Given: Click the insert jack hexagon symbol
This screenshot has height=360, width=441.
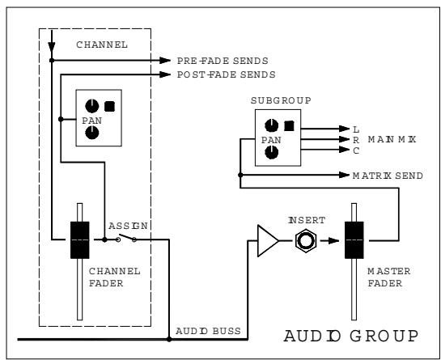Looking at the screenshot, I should click(x=305, y=240).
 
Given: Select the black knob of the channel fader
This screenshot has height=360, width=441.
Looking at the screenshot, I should click(x=81, y=239).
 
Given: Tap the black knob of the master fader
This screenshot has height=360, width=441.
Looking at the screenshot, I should click(x=354, y=240).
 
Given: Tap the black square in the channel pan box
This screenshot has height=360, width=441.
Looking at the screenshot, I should click(x=108, y=105).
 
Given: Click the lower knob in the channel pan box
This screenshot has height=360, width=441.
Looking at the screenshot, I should click(x=91, y=132).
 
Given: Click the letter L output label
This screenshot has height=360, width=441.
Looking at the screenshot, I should click(x=356, y=128).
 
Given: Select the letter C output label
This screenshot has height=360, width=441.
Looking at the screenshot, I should click(x=356, y=150).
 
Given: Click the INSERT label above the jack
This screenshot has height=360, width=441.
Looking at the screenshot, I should click(x=305, y=218).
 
